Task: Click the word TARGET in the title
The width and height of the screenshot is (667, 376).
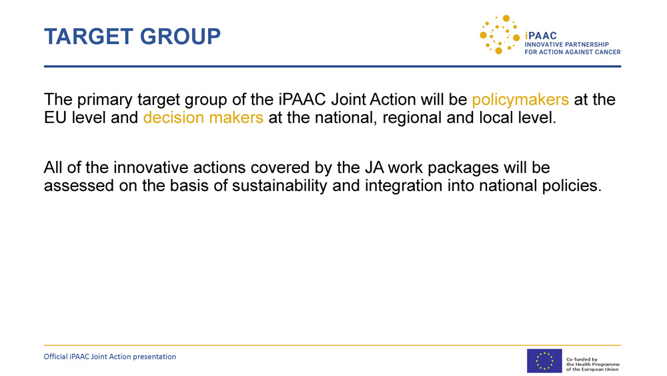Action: point(89,36)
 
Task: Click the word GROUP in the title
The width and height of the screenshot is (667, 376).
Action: point(180,36)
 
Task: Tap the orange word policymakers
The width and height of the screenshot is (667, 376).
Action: point(520,100)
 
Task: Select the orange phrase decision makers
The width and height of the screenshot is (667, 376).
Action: point(203,118)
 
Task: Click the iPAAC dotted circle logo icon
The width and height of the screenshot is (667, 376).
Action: point(500,35)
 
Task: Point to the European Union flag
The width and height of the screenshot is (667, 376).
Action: point(544,361)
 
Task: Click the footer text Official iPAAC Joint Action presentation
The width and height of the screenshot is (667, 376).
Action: point(110,357)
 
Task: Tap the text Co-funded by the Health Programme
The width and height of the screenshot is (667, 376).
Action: point(592,362)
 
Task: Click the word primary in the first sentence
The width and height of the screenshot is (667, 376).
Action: point(105,100)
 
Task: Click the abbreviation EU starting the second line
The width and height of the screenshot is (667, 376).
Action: point(55,118)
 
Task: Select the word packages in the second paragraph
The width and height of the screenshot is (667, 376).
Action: point(464,168)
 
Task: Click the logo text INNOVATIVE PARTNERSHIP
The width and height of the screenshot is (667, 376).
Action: point(566,44)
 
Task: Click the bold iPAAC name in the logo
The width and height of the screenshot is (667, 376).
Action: point(541,36)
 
